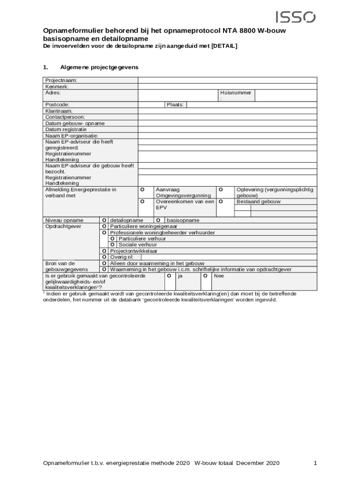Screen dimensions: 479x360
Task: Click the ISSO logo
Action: (x=295, y=17)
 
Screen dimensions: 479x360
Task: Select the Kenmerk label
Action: (x=57, y=87)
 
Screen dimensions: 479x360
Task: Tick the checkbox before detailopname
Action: (x=104, y=220)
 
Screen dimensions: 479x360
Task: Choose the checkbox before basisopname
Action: (x=158, y=220)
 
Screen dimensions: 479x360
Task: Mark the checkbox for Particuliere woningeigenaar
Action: (x=104, y=226)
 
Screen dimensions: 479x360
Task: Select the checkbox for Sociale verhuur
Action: (x=113, y=245)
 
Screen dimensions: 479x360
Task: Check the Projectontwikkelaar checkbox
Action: (x=104, y=251)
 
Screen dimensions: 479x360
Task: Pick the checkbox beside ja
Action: (x=168, y=276)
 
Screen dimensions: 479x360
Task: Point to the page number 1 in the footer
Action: (x=316, y=463)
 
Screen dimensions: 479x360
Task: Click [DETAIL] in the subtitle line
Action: (x=224, y=46)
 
